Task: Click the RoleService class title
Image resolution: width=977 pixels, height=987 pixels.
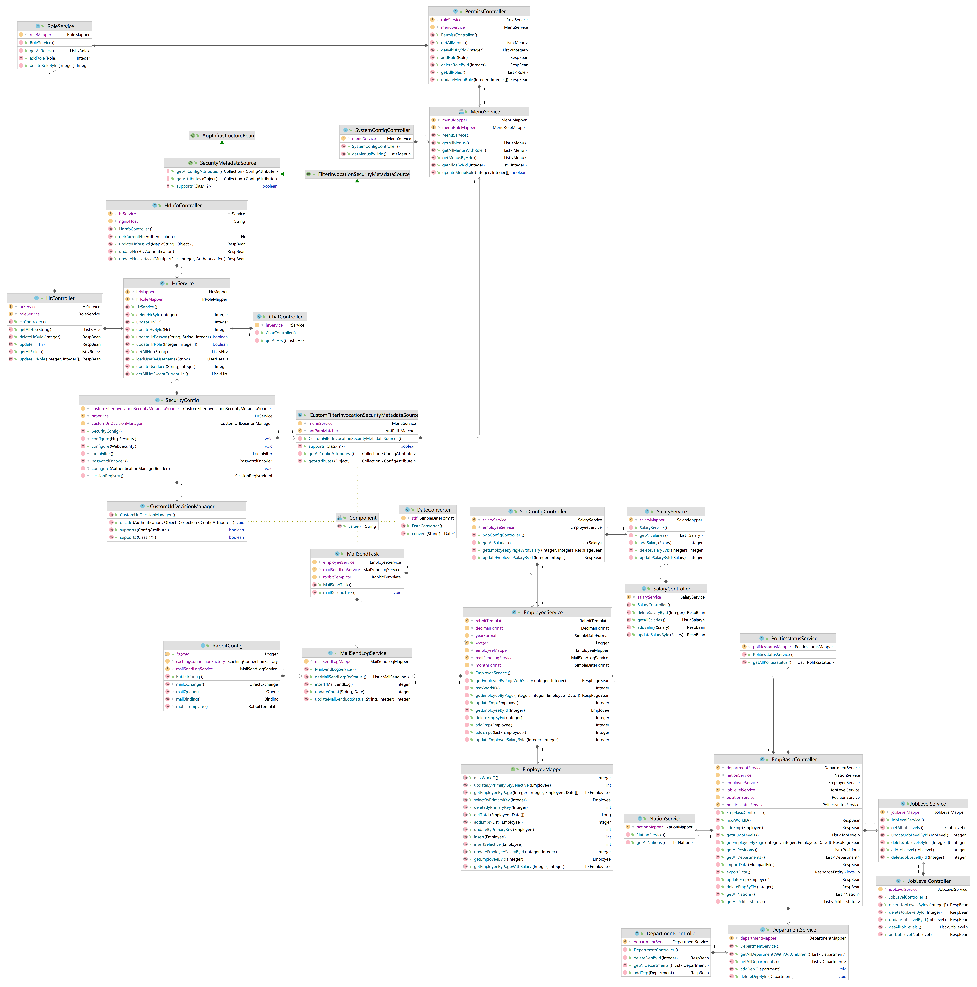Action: tap(60, 26)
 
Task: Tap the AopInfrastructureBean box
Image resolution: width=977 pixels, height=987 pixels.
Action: tap(227, 135)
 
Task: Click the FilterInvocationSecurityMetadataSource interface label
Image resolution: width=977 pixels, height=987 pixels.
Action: tap(363, 174)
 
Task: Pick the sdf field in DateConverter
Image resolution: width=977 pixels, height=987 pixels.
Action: tap(414, 518)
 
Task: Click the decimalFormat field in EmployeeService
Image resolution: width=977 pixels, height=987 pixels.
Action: tap(489, 628)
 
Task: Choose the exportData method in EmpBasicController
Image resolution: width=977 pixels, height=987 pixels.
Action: tap(738, 872)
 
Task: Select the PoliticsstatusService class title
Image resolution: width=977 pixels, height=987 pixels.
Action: tap(794, 639)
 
